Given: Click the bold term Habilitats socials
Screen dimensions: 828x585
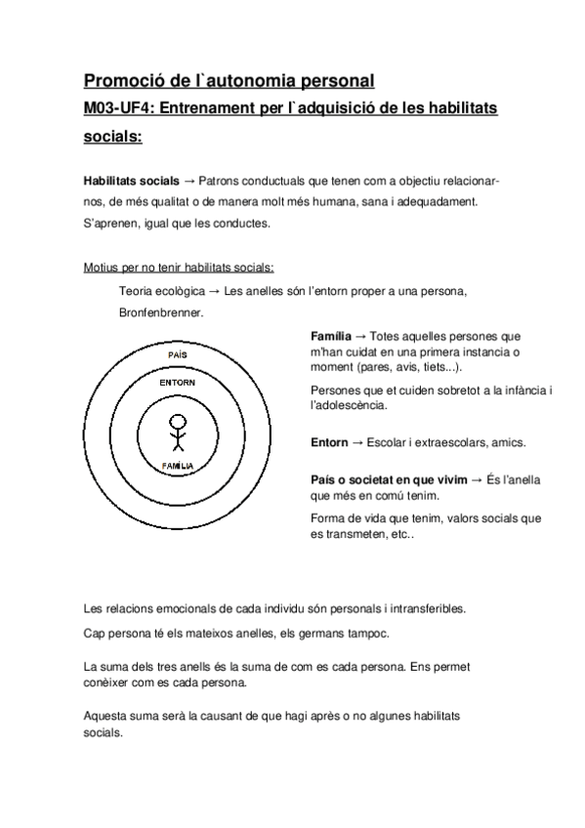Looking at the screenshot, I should [x=131, y=182].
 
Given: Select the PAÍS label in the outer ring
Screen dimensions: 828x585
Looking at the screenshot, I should [x=177, y=353].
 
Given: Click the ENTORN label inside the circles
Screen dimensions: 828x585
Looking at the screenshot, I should [x=177, y=382].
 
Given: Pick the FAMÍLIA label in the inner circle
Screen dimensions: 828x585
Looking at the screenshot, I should [x=177, y=467].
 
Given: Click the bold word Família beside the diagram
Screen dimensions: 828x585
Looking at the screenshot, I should [x=330, y=336].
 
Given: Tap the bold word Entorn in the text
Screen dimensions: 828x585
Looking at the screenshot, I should [x=328, y=442].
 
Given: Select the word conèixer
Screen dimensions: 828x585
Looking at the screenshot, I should [x=108, y=683].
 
